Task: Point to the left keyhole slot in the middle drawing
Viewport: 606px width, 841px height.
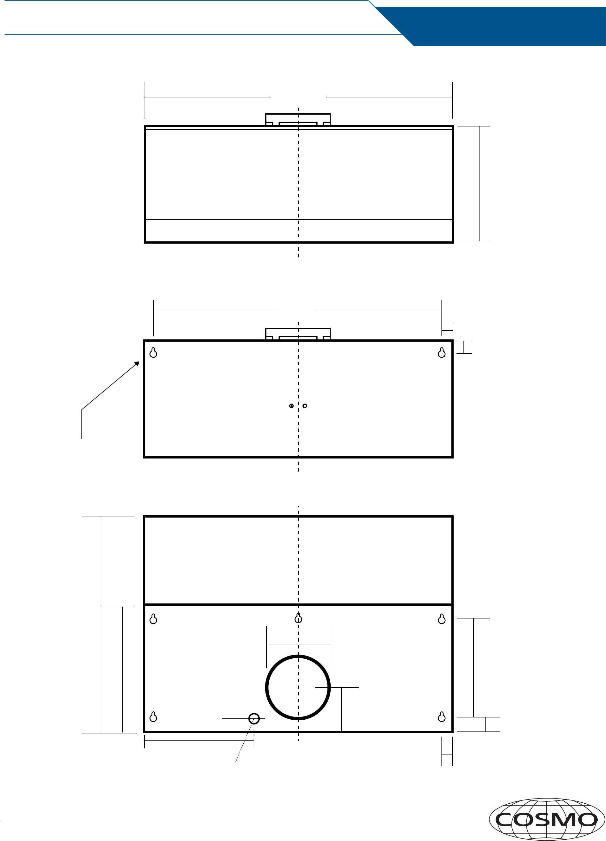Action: click(x=153, y=352)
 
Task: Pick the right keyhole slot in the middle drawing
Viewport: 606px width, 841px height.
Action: click(x=441, y=352)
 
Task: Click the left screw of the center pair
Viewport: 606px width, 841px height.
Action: click(x=291, y=406)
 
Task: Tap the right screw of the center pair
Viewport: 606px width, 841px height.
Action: click(x=305, y=406)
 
